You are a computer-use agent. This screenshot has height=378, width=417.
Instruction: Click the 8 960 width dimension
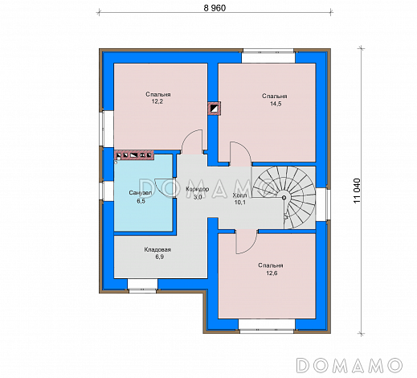tap(215, 8)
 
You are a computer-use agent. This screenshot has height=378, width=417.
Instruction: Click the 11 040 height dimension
tap(358, 191)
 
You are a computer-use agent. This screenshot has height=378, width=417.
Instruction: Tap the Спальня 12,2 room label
tap(158, 98)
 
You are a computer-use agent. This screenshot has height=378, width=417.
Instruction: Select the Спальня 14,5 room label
tap(275, 100)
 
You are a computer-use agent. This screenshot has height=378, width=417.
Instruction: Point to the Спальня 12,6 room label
tap(271, 269)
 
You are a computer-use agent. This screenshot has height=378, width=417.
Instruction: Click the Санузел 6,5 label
tap(141, 197)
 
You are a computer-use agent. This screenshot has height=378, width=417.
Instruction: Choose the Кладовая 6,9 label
tap(157, 253)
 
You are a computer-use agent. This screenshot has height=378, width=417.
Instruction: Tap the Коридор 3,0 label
tap(198, 193)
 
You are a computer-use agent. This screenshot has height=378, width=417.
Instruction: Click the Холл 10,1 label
tap(240, 199)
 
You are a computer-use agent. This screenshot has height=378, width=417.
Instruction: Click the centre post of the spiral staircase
tap(284, 198)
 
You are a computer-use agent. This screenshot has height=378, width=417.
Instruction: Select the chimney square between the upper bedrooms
tap(215, 109)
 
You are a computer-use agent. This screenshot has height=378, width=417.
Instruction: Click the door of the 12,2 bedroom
tap(192, 142)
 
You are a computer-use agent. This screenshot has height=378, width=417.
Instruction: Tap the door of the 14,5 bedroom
tap(240, 154)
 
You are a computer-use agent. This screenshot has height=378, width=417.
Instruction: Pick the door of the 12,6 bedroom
tap(247, 241)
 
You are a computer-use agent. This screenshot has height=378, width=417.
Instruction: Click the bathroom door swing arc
tap(164, 188)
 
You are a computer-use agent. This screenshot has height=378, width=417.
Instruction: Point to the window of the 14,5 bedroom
tap(268, 55)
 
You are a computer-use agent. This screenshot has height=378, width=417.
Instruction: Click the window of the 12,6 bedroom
tap(267, 327)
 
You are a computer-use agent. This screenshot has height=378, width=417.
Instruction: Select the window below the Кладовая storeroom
tap(142, 286)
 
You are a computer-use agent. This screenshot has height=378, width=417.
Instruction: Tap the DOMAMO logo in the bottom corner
tap(350, 365)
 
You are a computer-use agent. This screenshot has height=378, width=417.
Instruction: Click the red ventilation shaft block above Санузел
tap(134, 155)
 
